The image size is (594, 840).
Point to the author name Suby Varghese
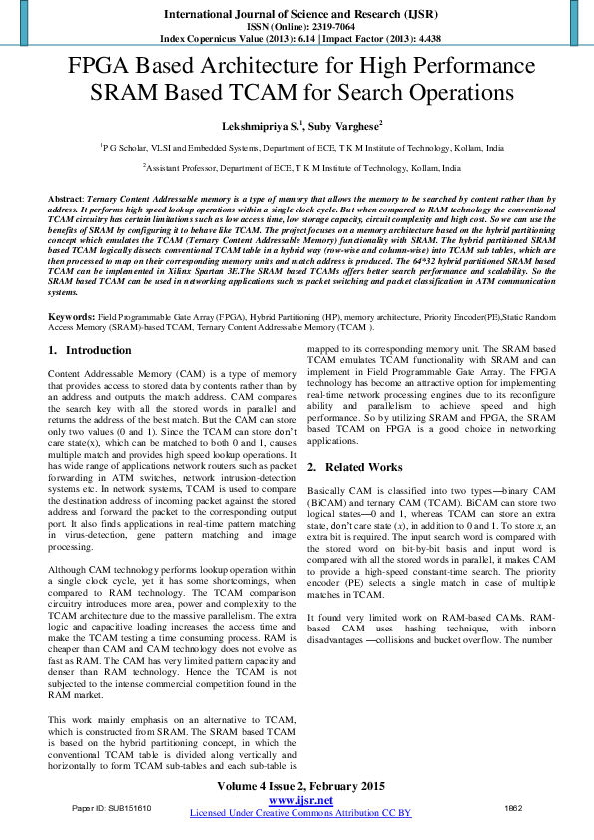point(338,127)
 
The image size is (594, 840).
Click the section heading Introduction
point(98,350)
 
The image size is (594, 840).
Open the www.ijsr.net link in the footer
point(300,800)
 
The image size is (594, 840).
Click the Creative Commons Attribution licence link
point(300,813)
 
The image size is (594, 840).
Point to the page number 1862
point(514,807)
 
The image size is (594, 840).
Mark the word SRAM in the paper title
point(123,94)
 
